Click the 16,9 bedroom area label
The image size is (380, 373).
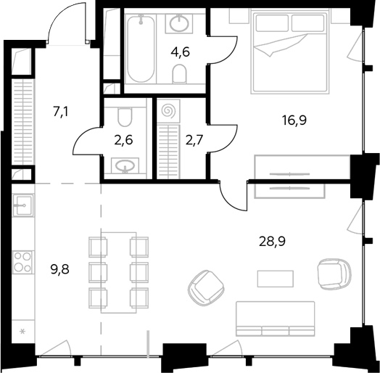click(294, 120)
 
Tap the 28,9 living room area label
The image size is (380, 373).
click(272, 242)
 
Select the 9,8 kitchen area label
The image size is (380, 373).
click(60, 269)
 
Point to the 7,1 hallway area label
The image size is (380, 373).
click(61, 112)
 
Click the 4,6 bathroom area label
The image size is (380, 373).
click(180, 52)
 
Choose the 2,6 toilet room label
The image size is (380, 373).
click(123, 141)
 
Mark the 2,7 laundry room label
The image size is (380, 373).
click(194, 140)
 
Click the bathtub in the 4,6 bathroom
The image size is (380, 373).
click(141, 49)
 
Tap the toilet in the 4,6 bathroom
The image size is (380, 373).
click(180, 74)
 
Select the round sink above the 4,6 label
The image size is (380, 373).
click(179, 23)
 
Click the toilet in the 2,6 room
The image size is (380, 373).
click(125, 116)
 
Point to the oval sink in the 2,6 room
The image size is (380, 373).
click(125, 165)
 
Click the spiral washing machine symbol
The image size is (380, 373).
click(168, 111)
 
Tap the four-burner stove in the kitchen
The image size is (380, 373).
click(22, 262)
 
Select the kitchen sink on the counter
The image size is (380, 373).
click(22, 205)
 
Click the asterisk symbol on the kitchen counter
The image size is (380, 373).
click(22, 331)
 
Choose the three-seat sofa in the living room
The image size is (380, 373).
click(276, 319)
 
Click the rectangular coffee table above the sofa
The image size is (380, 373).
click(276, 279)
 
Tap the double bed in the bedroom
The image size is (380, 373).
click(290, 52)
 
